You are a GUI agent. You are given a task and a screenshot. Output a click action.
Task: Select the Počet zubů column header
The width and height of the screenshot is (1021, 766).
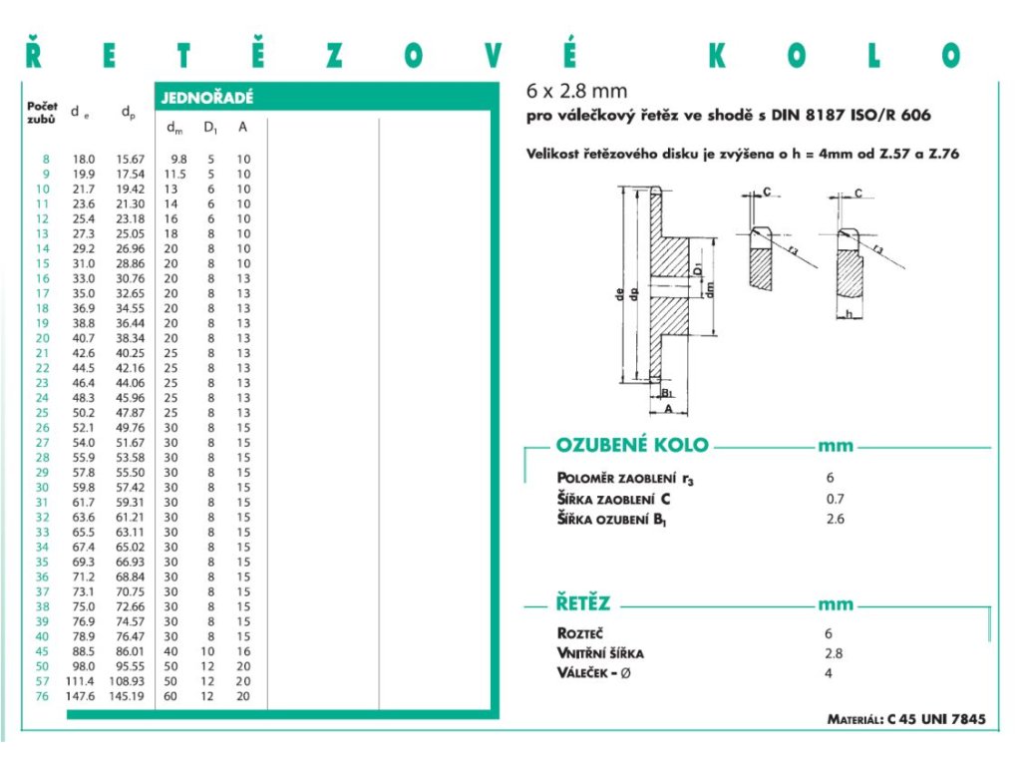(x=42, y=112)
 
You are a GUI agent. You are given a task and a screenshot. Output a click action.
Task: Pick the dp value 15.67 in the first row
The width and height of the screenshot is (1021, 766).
(x=130, y=159)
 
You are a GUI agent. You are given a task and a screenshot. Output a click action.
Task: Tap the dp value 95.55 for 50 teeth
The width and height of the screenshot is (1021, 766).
(x=130, y=666)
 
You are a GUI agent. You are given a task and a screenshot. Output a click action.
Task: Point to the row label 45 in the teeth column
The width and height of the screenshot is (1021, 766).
(x=42, y=651)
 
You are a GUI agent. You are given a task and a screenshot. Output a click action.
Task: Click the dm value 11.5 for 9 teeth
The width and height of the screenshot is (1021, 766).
(x=175, y=174)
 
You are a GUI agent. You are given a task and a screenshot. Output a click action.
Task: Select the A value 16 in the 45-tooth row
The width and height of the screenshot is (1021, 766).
(x=243, y=651)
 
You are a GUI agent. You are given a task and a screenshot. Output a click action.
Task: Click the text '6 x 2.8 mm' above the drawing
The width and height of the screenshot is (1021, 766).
(x=577, y=91)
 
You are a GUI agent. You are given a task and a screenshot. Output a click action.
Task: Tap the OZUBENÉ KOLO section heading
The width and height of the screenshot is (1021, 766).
(x=631, y=445)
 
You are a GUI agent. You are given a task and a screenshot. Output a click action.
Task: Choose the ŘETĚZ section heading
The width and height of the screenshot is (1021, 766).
(x=582, y=603)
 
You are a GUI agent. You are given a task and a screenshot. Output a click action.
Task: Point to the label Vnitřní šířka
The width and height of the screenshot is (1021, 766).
(x=600, y=653)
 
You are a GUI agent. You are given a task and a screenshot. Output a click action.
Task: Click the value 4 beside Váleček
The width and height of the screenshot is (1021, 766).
(x=829, y=672)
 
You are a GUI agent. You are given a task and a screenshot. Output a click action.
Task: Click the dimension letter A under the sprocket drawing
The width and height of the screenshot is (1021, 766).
(x=670, y=409)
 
